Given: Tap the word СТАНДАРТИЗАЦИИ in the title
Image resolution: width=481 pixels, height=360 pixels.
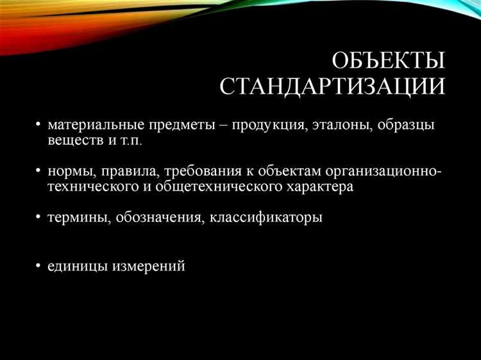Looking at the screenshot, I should pos(332,87).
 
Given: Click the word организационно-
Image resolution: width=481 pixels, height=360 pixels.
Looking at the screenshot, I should pos(383,171).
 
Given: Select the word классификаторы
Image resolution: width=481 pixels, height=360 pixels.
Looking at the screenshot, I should pos(266,218).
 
